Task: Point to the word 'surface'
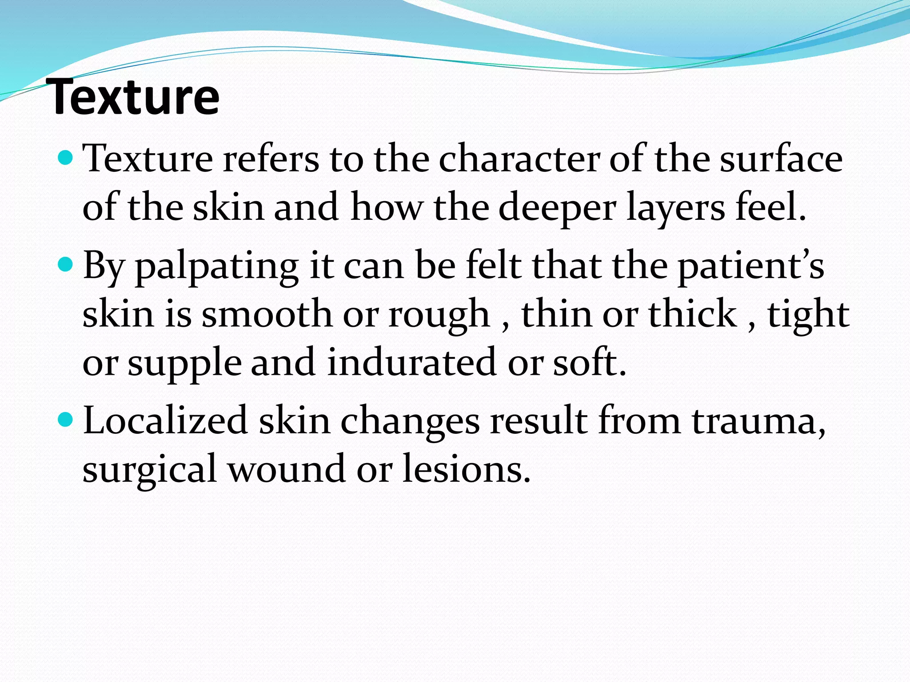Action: (x=781, y=159)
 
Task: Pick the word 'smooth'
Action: (x=267, y=314)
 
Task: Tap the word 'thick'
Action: (x=692, y=314)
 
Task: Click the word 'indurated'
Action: (x=411, y=362)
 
